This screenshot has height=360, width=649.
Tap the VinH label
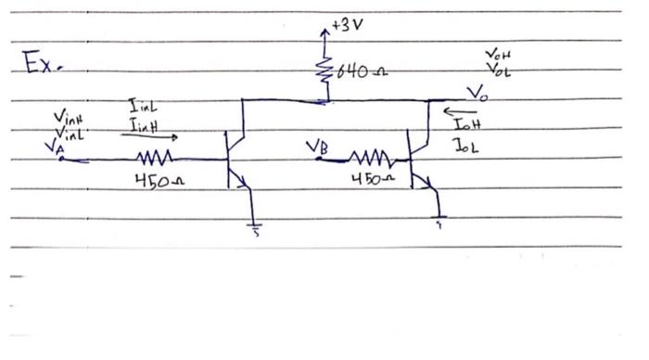[x=66, y=118]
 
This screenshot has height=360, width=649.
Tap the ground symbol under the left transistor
[x=253, y=226]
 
